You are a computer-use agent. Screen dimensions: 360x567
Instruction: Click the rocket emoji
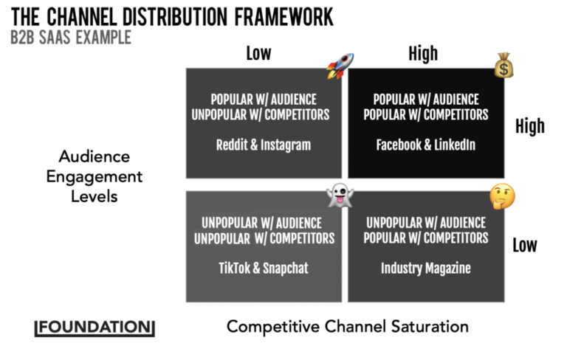click(340, 66)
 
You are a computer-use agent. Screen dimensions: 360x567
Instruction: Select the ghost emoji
click(340, 196)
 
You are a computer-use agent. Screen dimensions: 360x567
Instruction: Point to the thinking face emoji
click(502, 197)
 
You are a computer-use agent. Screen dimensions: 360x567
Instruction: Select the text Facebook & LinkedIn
click(426, 145)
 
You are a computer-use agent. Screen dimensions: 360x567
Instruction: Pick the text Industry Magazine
click(425, 268)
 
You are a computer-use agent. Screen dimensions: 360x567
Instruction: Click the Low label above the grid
click(258, 53)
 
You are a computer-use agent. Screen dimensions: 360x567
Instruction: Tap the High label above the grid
click(423, 53)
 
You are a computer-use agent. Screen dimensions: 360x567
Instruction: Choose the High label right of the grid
click(529, 126)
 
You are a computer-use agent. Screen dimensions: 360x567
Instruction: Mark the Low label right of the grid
click(525, 245)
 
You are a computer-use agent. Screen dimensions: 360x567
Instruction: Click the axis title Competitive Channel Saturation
click(347, 326)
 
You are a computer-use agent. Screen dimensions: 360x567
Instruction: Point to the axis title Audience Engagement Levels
click(94, 176)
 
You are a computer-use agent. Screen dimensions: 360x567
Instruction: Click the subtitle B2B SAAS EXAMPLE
click(71, 37)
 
